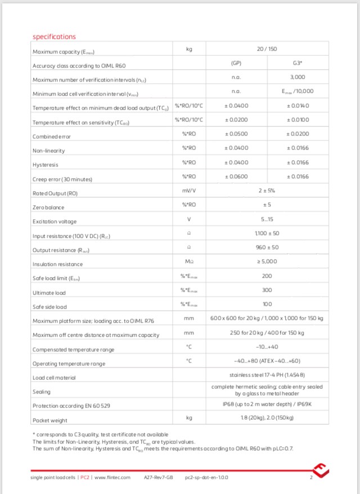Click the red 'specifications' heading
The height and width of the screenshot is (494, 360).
pos(54,37)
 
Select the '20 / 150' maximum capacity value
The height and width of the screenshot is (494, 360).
pos(267,49)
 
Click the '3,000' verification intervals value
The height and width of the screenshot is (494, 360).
pos(298,78)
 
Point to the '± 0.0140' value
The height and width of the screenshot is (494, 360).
pos(298,106)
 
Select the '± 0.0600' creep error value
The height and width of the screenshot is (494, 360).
pos(236,176)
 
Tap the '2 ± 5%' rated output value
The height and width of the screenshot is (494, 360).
pos(267,191)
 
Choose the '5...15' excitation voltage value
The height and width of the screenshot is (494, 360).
pos(267,219)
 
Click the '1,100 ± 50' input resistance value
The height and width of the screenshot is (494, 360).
pos(267,233)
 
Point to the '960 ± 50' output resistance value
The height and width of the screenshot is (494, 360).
pos(267,247)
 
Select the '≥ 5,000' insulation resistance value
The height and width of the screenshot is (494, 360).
pos(267,262)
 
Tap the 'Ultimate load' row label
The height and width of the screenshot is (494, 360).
pos(49,293)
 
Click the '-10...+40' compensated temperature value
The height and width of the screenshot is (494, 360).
pos(267,347)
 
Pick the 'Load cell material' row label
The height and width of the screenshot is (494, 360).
pos(54,378)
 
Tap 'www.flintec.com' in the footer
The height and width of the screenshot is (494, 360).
pos(112,478)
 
